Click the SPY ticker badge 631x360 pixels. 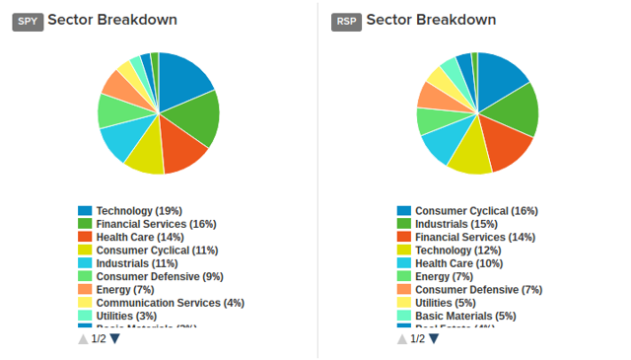(27, 21)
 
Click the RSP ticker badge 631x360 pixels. (346, 21)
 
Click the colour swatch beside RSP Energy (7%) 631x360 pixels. (404, 277)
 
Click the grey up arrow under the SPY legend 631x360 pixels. (83, 339)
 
